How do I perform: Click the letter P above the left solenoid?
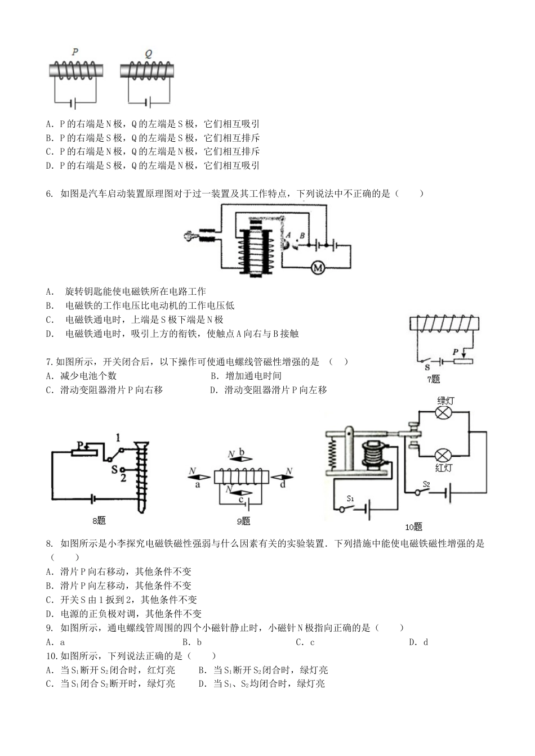75,51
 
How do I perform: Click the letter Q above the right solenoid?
149,53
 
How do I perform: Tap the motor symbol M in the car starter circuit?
317,268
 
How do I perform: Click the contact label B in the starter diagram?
302,236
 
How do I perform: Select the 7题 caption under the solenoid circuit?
433,379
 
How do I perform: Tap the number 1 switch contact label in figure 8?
118,437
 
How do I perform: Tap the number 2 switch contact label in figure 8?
122,478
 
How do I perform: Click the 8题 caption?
99,520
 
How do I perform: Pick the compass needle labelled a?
199,477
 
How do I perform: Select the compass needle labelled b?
241,459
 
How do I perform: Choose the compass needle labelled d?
282,478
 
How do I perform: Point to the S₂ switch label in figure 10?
426,484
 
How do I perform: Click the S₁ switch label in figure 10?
350,498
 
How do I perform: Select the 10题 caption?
413,527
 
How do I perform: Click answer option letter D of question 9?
411,642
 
